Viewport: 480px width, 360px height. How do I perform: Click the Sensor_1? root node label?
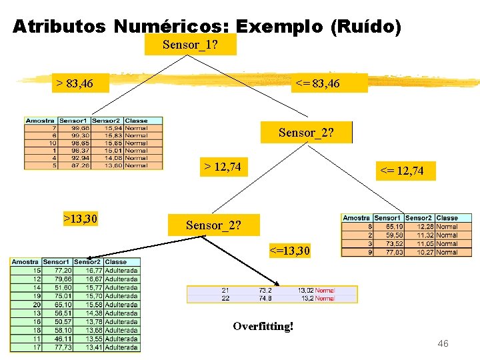[x=190, y=45]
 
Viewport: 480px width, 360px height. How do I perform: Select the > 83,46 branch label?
[x=75, y=83]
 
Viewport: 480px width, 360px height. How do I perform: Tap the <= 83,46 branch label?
[x=317, y=83]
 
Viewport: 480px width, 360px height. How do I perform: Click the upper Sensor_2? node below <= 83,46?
[x=306, y=133]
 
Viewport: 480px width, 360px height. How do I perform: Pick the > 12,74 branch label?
[x=222, y=166]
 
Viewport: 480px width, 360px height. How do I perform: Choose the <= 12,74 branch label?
[x=401, y=171]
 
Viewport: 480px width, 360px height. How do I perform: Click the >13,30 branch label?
[x=80, y=218]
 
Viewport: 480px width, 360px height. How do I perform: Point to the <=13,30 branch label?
[x=289, y=251]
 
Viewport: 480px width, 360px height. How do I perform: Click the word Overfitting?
[x=263, y=327]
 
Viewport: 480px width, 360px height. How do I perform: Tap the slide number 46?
[x=443, y=343]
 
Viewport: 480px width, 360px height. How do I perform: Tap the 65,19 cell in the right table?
[x=389, y=227]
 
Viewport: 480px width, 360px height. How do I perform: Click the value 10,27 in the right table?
[x=420, y=252]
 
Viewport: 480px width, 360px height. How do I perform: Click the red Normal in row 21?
[x=325, y=291]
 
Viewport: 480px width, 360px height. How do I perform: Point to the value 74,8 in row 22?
[x=265, y=299]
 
